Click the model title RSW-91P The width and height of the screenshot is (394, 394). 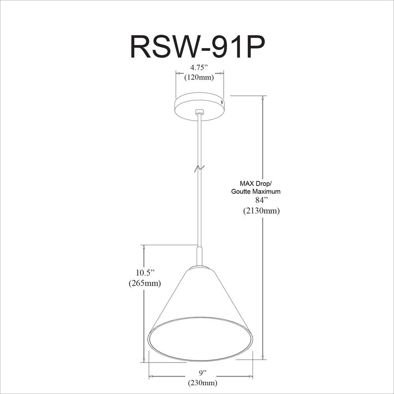pyautogui.click(x=197, y=48)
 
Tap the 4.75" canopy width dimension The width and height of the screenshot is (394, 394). pyautogui.click(x=199, y=68)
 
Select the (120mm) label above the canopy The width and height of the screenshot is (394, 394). pyautogui.click(x=199, y=77)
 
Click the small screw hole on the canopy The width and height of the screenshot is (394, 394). pyautogui.click(x=221, y=102)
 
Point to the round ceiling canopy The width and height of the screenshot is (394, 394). pyautogui.click(x=199, y=106)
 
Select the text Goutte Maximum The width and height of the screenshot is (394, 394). pyautogui.click(x=256, y=191)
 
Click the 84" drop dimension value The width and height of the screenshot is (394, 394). pyautogui.click(x=261, y=200)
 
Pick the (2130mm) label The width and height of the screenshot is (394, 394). pyautogui.click(x=261, y=210)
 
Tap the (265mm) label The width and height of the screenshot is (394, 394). pyautogui.click(x=145, y=283)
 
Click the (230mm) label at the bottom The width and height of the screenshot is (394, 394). pyautogui.click(x=203, y=383)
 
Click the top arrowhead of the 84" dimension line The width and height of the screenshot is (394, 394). pyautogui.click(x=263, y=99)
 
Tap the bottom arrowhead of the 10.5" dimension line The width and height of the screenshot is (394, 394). pyautogui.click(x=144, y=359)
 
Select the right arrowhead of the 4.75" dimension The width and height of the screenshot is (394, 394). pyautogui.click(x=221, y=73)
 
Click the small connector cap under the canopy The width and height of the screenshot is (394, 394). pyautogui.click(x=199, y=112)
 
